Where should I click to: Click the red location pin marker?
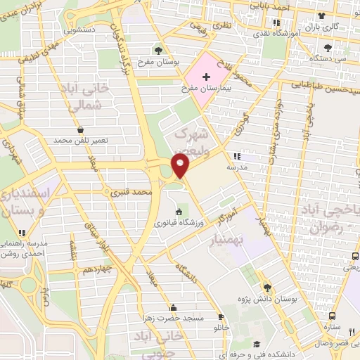pyautogui.click(x=181, y=166)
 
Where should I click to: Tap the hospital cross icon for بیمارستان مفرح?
pyautogui.click(x=206, y=77)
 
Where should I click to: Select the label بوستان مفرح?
pyautogui.click(x=159, y=62)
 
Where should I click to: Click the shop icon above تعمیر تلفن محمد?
pyautogui.click(x=82, y=129)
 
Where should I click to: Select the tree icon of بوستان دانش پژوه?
pyautogui.click(x=266, y=287)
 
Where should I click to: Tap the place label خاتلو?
pyautogui.click(x=221, y=328)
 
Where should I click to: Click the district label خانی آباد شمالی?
pyautogui.click(x=88, y=96)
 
